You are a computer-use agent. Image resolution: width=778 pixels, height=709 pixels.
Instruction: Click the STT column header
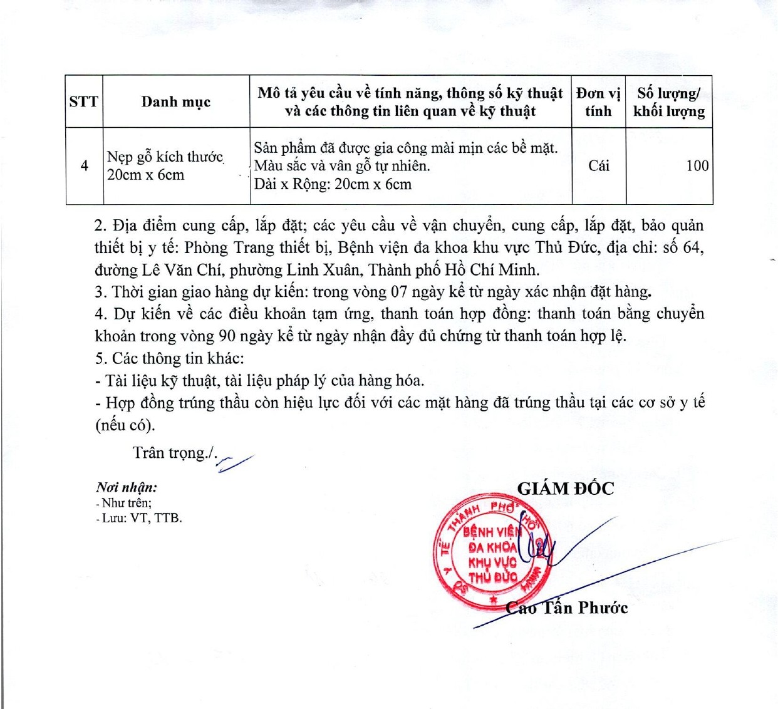84,102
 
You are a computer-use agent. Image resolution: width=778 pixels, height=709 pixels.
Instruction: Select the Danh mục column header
176,102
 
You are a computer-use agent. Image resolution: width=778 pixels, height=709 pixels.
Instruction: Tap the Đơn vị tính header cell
598,102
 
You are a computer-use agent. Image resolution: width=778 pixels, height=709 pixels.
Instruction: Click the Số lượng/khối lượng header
669,102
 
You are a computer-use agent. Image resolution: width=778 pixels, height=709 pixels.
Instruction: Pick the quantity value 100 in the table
697,166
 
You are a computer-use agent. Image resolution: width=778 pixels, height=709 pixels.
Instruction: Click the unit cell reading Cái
599,166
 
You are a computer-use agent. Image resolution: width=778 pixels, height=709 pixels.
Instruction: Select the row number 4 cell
85,166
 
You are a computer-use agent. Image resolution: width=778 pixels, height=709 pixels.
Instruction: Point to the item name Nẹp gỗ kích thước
165,157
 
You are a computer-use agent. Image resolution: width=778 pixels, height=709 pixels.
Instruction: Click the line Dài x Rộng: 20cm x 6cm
333,185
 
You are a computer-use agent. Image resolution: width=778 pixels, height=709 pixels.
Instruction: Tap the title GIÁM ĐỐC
566,489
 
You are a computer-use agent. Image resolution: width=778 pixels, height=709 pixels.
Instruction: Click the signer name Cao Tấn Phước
567,608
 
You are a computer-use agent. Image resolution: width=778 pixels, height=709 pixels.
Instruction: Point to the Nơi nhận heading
127,487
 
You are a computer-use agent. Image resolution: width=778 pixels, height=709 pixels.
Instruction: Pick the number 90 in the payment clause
227,336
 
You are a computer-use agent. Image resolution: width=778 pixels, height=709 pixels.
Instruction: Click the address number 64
692,247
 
